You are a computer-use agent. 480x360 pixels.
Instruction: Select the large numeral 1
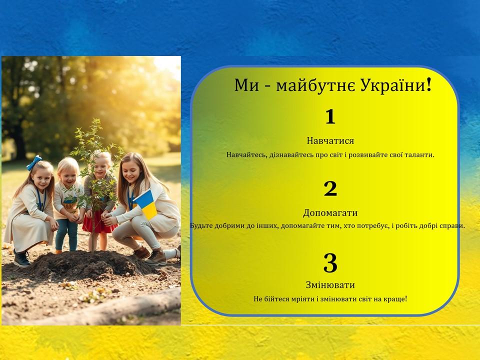coord(330,117)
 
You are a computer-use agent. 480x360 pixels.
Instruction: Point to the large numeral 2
coord(330,189)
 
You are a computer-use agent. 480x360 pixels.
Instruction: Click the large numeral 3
coord(330,262)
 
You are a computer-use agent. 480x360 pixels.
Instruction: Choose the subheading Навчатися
coord(330,141)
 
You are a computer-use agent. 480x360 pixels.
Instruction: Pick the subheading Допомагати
coord(330,213)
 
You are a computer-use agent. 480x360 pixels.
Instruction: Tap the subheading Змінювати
coord(330,285)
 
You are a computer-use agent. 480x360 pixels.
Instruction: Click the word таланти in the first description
coord(419,155)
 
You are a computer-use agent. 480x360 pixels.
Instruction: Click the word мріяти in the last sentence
coord(302,299)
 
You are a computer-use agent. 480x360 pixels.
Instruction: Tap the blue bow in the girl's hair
coord(34,162)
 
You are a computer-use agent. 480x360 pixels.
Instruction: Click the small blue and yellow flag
coord(145,204)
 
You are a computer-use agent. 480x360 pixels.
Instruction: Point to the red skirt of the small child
coord(99,221)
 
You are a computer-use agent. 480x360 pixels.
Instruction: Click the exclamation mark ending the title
coord(429,85)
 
